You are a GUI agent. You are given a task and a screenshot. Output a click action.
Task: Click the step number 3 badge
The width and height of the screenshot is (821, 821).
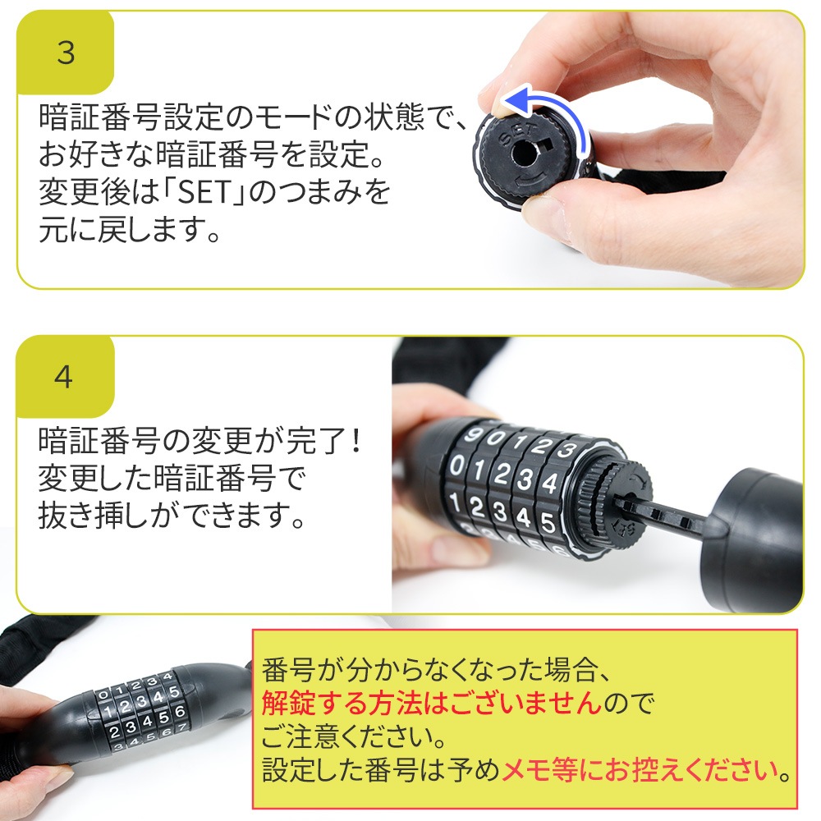66,53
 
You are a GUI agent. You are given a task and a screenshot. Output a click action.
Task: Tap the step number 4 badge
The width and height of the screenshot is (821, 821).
64,377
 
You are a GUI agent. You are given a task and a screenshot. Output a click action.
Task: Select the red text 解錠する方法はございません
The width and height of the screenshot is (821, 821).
432,702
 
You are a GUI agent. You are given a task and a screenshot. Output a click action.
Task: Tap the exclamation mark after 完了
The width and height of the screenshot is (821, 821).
355,440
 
